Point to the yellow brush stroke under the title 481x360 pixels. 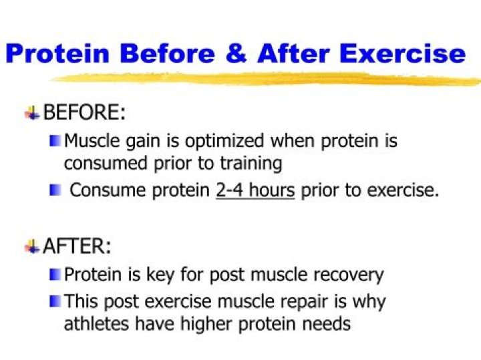coord(267,78)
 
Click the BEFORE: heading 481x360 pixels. coord(84,113)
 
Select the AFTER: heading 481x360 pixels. coord(77,246)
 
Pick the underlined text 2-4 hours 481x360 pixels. coord(255,190)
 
